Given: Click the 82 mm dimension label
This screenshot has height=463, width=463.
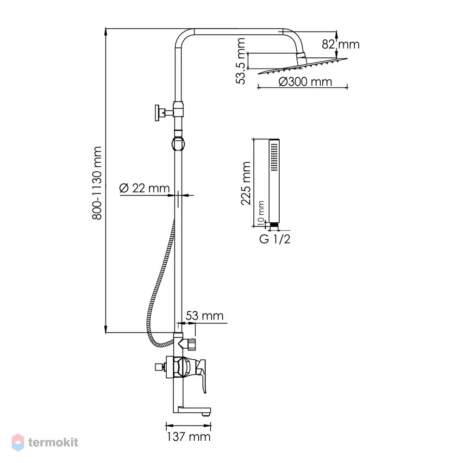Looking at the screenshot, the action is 340,44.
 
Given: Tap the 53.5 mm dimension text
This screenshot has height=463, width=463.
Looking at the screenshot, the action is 241,61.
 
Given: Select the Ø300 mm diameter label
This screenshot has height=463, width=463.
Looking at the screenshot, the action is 305,81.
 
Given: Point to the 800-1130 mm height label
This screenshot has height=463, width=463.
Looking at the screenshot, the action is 97,183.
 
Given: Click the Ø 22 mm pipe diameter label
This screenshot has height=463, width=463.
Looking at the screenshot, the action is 144,188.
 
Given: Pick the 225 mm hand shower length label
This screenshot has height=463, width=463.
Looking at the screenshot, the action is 246,183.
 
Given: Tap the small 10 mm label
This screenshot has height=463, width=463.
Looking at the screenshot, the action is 261,213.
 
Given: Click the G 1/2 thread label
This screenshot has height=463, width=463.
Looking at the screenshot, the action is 275,239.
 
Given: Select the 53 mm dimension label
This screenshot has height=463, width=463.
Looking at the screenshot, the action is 204,316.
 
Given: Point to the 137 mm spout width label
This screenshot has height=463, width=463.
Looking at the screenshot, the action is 189,437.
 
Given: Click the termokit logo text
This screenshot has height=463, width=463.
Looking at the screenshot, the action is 53,442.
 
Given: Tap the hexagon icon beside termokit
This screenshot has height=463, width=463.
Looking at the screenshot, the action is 18,442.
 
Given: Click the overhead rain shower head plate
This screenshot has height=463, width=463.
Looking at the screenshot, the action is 303,66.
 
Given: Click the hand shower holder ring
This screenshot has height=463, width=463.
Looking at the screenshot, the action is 178,144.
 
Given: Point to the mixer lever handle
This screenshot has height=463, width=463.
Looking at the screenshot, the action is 202,375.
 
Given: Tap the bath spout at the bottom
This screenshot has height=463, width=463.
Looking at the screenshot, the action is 192,410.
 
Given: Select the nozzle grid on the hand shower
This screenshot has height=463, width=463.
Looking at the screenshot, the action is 274,157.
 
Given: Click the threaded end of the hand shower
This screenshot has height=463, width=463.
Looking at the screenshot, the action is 274,225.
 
